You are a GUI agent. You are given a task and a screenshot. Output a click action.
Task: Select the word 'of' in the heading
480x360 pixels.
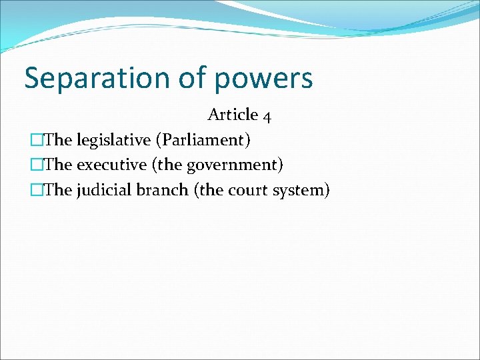point(193,78)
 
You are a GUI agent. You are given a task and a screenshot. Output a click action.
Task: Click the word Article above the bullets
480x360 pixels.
point(233,115)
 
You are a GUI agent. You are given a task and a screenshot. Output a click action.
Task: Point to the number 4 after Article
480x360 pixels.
point(267,116)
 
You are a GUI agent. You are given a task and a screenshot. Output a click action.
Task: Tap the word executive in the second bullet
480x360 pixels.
point(107,165)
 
